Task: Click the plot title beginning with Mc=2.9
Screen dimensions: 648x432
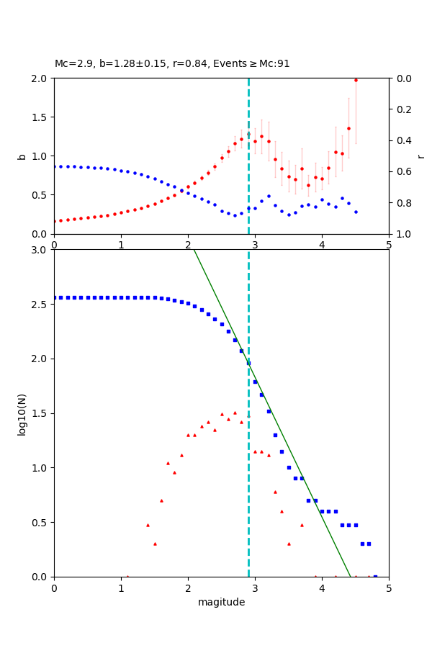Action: click(x=172, y=63)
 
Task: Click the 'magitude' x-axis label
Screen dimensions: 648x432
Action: click(x=221, y=602)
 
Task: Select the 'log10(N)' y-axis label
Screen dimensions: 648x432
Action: click(x=22, y=413)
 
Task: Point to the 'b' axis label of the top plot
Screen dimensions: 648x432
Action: click(x=22, y=156)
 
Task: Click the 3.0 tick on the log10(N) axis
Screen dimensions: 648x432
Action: click(x=41, y=250)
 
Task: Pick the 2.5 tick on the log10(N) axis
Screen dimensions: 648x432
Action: click(x=41, y=305)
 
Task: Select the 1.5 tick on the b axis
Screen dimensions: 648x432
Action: click(x=41, y=117)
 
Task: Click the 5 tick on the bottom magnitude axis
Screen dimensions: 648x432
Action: click(x=389, y=588)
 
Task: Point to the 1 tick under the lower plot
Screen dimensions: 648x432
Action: click(x=121, y=588)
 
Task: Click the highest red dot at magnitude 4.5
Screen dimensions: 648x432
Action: click(x=356, y=80)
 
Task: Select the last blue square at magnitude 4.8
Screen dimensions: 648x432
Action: click(x=375, y=576)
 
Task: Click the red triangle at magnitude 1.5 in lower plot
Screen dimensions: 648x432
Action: click(x=155, y=544)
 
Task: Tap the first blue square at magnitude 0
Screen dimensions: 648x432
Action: click(x=55, y=297)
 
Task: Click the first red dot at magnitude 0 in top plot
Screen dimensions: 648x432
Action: click(x=55, y=221)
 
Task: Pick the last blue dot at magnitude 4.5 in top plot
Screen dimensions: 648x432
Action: click(x=356, y=212)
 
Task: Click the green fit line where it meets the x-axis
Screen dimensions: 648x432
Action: click(x=351, y=576)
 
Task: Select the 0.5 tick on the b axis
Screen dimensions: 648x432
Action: click(x=41, y=195)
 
